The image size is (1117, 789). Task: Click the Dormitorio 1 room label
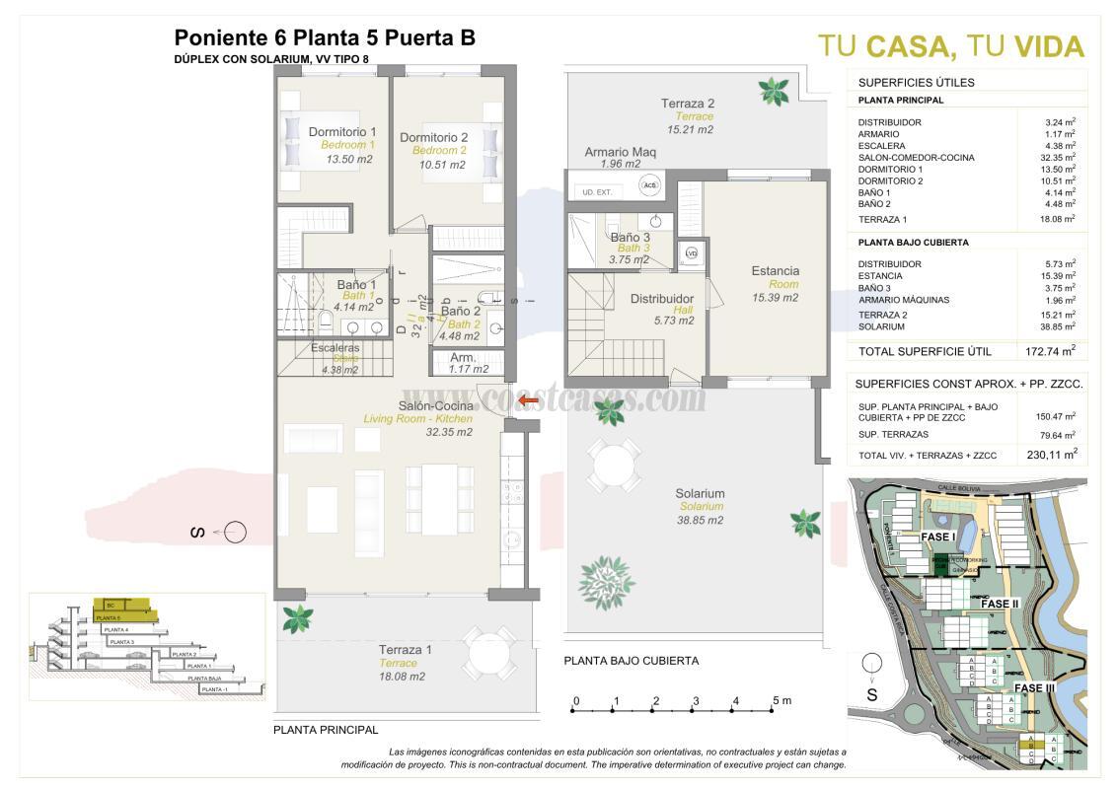(342, 132)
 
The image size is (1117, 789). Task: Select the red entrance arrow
(528, 400)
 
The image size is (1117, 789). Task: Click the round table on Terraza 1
(489, 651)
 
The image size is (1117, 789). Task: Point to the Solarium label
(700, 494)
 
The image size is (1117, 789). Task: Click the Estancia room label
(775, 271)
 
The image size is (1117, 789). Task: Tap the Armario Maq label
(620, 152)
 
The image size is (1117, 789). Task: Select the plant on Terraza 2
(774, 92)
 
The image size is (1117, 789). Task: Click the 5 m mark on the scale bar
(781, 701)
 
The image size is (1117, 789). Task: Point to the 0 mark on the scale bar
(575, 701)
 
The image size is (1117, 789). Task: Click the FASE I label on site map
(940, 537)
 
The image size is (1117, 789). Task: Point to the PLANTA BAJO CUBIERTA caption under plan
(632, 661)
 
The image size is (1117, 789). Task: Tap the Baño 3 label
(630, 238)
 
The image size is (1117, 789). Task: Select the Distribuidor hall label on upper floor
(661, 299)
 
